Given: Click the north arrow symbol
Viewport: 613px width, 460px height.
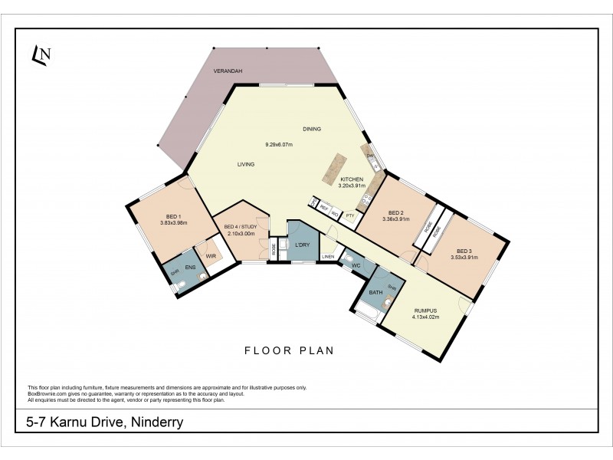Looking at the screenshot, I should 41,53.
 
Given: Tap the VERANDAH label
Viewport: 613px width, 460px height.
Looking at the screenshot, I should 228,71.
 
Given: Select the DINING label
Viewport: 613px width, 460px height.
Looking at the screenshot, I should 311,130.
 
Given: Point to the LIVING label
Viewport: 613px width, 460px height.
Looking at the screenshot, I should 245,164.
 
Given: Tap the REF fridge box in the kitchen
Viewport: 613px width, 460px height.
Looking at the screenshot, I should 324,207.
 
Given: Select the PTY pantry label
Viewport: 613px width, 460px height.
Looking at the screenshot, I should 349,215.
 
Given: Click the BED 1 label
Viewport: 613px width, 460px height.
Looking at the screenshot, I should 173,215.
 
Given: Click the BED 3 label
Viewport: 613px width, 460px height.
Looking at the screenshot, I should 464,251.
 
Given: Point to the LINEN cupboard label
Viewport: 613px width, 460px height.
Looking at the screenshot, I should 328,256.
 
